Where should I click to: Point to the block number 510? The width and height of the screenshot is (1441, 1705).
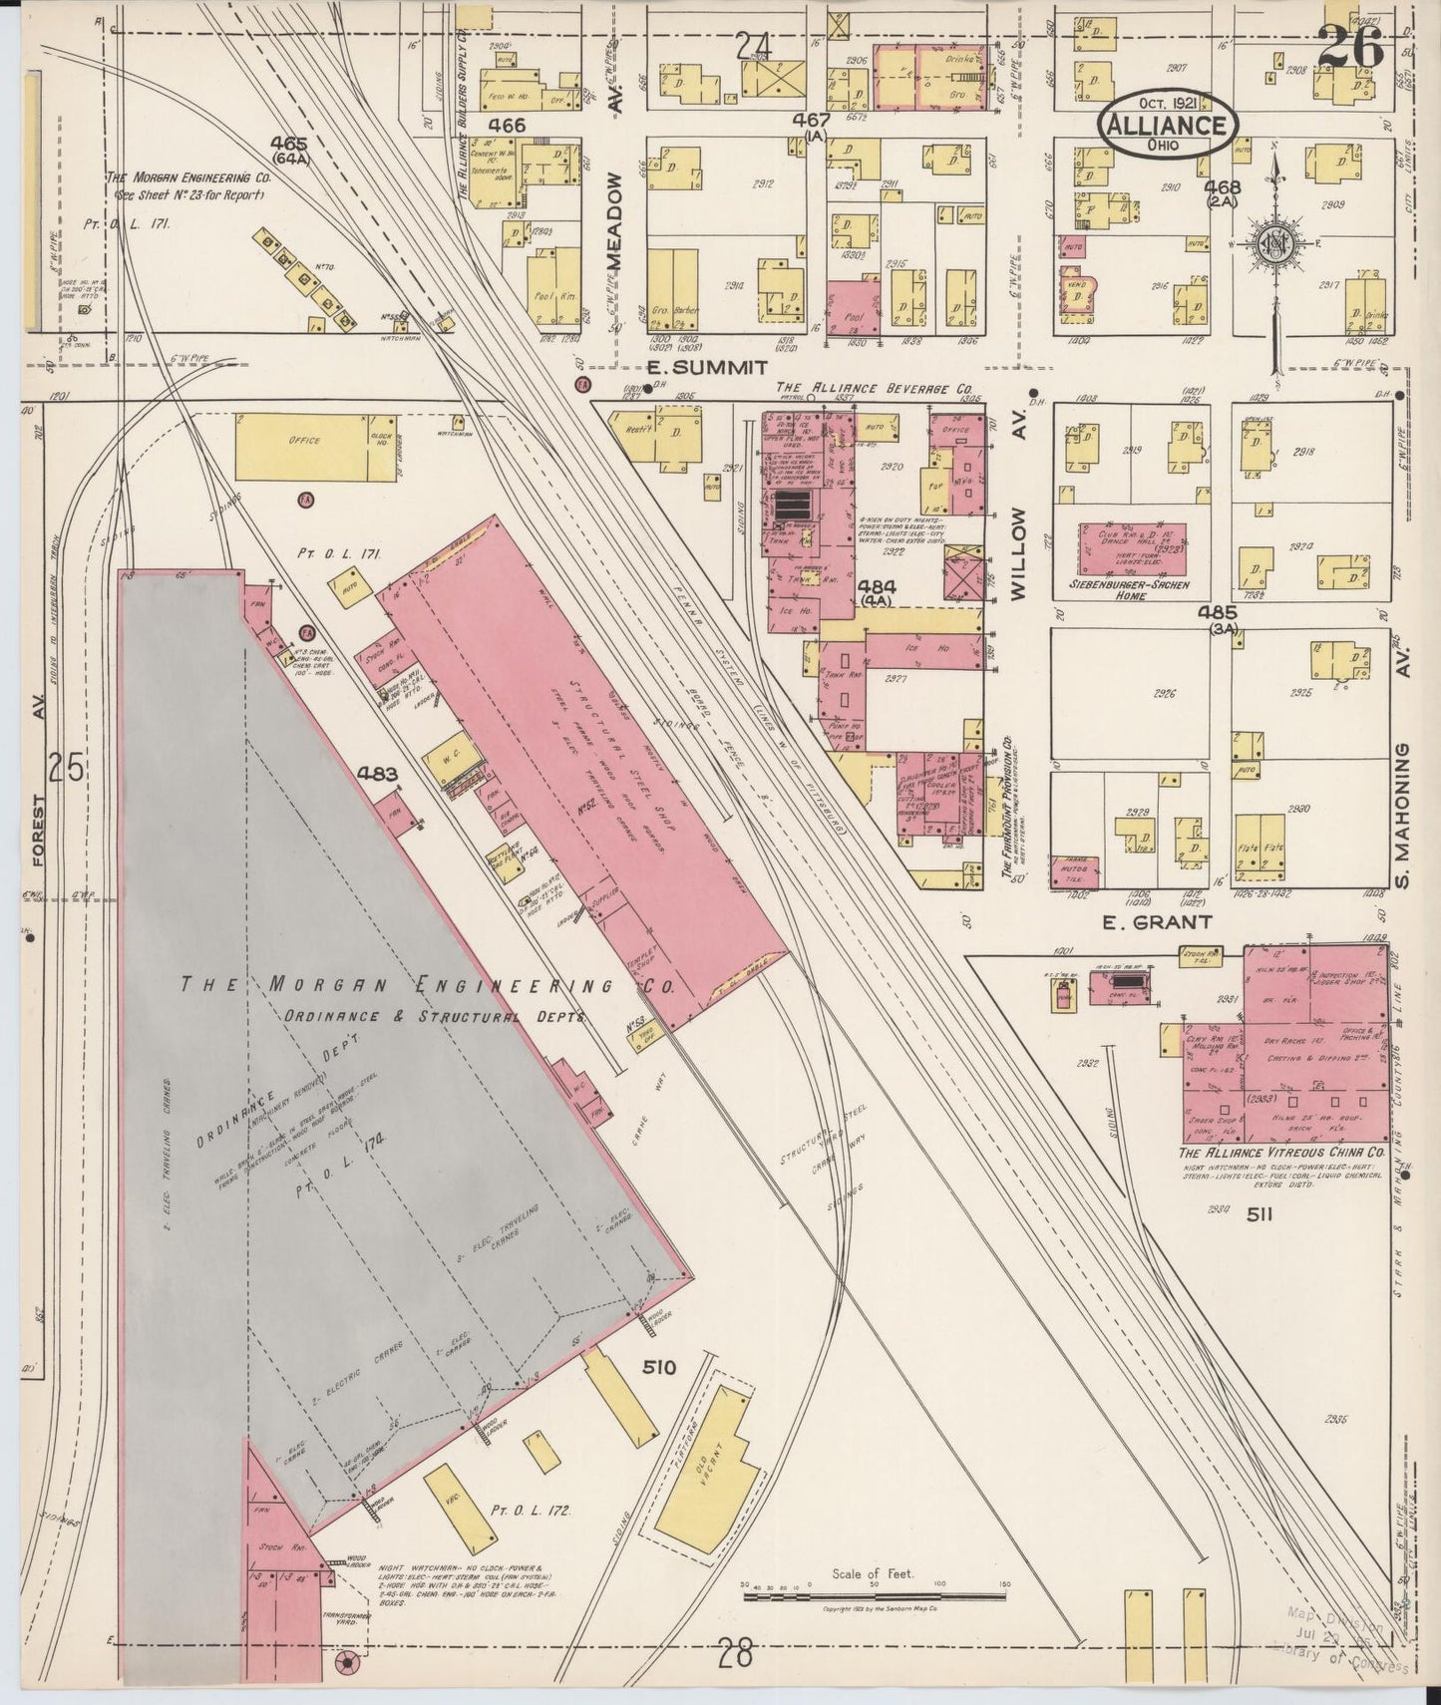pyautogui.click(x=659, y=1367)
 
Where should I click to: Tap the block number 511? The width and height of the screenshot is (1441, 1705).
pyautogui.click(x=1260, y=1213)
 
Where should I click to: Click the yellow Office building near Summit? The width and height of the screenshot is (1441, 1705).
pyautogui.click(x=304, y=439)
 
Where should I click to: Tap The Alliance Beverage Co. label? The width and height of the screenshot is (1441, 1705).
pyautogui.click(x=874, y=389)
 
